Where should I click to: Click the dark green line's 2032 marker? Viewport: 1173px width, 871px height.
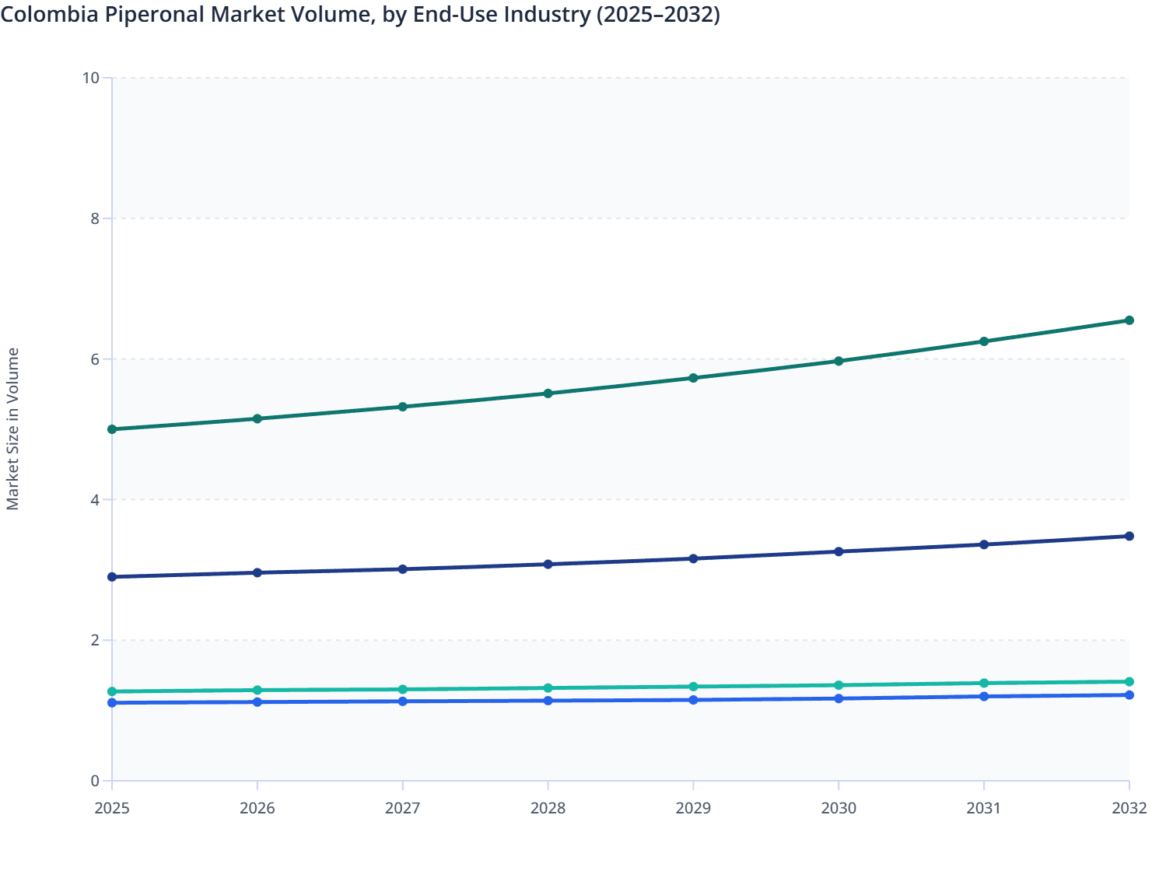coord(1129,320)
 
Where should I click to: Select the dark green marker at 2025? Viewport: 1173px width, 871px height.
coord(112,429)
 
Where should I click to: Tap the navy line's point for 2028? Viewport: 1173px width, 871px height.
coord(548,564)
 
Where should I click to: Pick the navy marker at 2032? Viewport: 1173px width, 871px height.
coord(1129,536)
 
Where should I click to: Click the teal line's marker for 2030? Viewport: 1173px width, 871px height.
coord(839,685)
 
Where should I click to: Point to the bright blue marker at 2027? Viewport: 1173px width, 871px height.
coord(403,701)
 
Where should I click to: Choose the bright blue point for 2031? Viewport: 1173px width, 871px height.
coord(984,696)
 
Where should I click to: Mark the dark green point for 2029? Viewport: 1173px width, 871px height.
coord(693,378)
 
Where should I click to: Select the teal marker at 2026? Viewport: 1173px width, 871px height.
coord(257,690)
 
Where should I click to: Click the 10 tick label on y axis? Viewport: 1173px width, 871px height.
coord(90,78)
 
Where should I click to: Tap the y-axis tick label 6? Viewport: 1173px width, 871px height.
coord(95,359)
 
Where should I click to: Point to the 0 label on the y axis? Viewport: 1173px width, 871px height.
coord(95,781)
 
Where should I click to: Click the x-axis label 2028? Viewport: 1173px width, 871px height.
coord(548,808)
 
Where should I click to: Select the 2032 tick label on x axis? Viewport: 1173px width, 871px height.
coord(1129,808)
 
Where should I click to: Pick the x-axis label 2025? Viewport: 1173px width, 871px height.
coord(112,808)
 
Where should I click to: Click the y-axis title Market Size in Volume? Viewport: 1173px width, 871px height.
coord(12,429)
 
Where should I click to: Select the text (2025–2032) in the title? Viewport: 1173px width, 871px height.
coord(657,14)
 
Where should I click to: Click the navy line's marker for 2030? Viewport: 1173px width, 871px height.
coord(839,551)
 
